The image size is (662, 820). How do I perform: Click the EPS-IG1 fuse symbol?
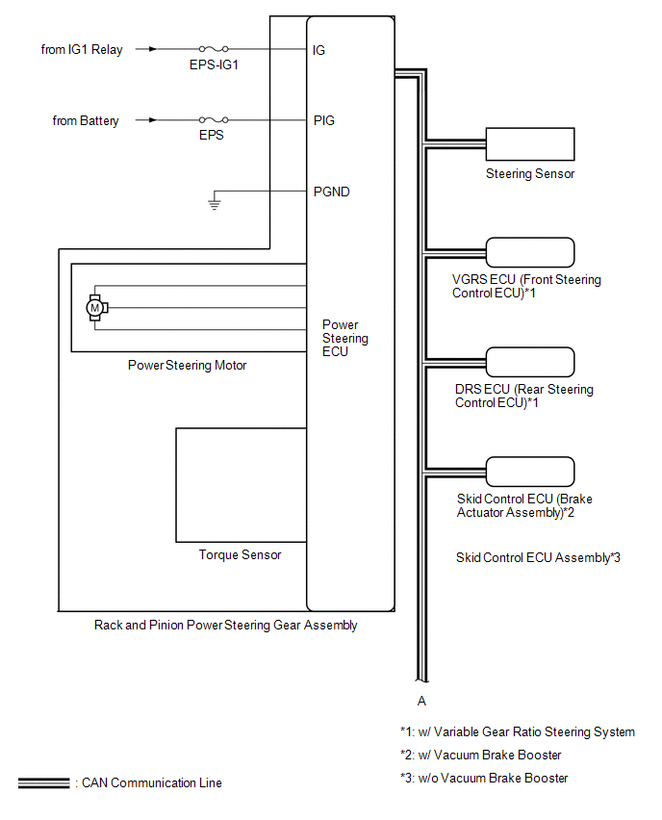[x=213, y=48]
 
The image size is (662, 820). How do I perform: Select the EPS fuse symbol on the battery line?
[x=213, y=120]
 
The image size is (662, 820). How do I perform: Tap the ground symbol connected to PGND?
[x=216, y=202]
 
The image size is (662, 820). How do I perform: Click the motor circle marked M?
[x=95, y=307]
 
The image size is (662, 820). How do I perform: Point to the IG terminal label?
[x=319, y=49]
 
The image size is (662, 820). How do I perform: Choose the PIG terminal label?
[x=324, y=121]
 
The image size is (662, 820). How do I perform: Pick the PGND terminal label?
[x=332, y=192]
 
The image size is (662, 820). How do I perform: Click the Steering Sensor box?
[x=530, y=143]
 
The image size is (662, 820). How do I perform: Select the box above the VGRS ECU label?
[x=530, y=252]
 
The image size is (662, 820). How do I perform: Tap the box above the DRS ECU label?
[x=530, y=362]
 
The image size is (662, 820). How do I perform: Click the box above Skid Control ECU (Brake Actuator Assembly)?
[x=530, y=472]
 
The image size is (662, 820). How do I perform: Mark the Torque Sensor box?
[x=241, y=485]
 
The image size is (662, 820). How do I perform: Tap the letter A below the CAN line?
[x=421, y=701]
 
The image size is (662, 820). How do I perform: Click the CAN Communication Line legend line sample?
[x=43, y=783]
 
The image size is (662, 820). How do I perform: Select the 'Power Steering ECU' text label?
[x=344, y=338]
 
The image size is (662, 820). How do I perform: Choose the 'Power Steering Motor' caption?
[x=188, y=366]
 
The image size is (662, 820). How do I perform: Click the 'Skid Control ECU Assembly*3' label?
[x=538, y=557]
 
